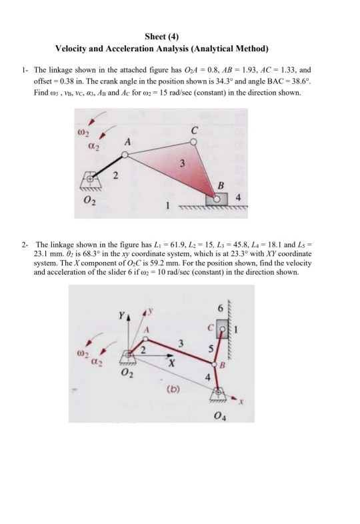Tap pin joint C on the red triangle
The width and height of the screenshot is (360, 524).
pyautogui.click(x=194, y=140)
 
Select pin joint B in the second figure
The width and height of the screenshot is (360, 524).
pyautogui.click(x=215, y=365)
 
